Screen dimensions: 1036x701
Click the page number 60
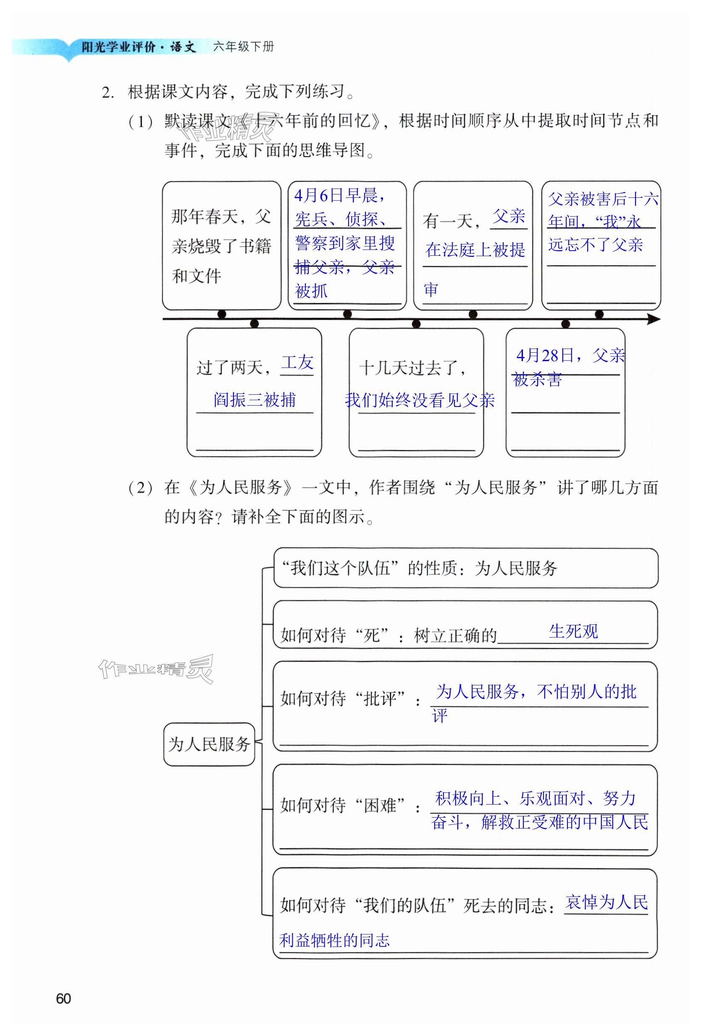[63, 999]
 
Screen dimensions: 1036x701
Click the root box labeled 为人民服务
[209, 744]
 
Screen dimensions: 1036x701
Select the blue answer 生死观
[573, 631]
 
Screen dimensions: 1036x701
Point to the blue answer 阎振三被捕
[255, 400]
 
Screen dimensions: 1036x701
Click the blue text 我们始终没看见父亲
[420, 400]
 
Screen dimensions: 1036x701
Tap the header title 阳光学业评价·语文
[138, 47]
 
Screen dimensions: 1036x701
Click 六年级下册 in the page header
[244, 46]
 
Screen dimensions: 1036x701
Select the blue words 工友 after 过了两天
[297, 362]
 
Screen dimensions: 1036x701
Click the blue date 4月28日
[544, 355]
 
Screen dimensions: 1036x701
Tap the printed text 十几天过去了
[412, 368]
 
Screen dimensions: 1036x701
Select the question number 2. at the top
[108, 93]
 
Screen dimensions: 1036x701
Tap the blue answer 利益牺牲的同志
[334, 941]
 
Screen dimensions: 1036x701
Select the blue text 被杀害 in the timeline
[537, 380]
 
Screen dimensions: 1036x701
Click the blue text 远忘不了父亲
[595, 245]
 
